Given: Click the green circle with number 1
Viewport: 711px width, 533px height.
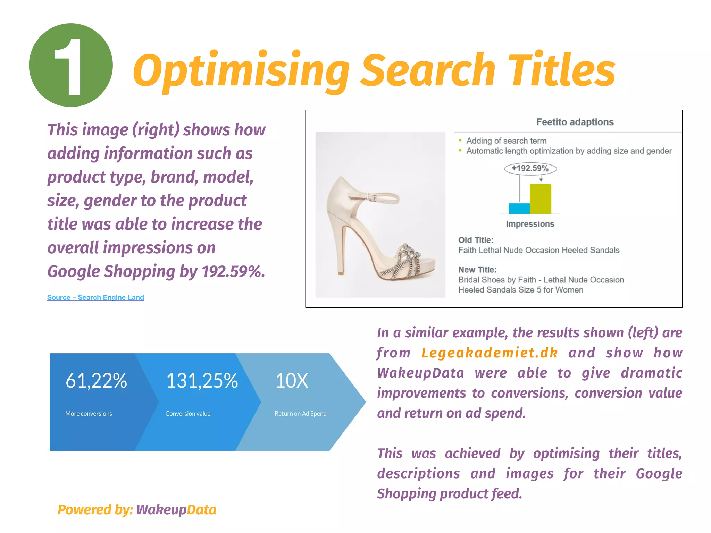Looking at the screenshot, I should (x=71, y=65).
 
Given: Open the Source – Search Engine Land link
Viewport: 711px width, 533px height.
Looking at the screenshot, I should (x=95, y=297).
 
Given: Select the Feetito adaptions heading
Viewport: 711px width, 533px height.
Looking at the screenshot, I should (x=575, y=122).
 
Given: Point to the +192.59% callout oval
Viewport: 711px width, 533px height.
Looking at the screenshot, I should (x=530, y=169).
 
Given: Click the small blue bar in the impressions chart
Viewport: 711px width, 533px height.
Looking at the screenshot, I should (x=519, y=208).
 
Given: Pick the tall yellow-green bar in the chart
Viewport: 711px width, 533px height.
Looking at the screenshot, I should (x=540, y=198).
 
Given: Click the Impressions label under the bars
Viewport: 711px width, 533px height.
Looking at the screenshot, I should (x=530, y=224).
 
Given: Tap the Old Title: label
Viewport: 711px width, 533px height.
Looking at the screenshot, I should (x=476, y=240).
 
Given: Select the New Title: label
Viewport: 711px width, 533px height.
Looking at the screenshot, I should (x=477, y=270).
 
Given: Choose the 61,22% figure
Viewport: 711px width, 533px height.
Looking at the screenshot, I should (x=96, y=381).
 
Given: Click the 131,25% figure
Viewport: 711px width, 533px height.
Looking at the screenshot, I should (x=202, y=381).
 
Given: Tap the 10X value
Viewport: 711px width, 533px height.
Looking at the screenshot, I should (x=292, y=381).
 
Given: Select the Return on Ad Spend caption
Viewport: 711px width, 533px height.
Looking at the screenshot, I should (x=300, y=414).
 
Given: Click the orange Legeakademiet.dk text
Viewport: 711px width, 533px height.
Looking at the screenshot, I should (x=490, y=353).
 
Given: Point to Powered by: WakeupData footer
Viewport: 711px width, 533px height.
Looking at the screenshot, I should (x=137, y=510).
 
